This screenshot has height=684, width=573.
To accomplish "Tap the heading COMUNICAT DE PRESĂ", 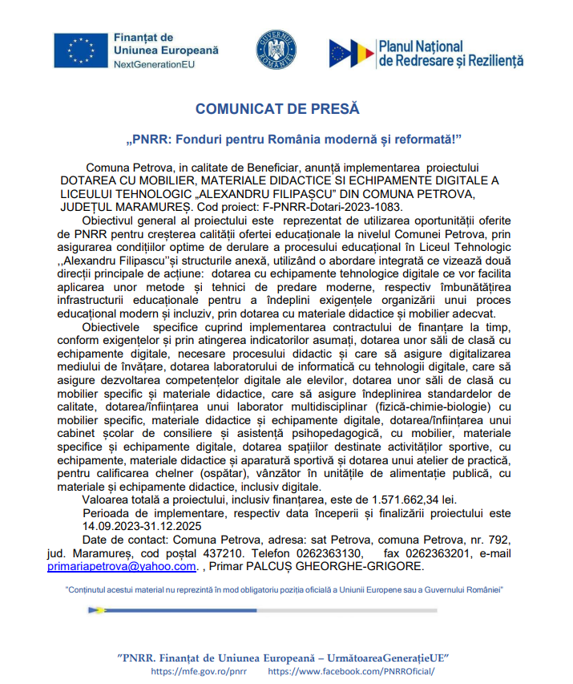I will click(277, 108).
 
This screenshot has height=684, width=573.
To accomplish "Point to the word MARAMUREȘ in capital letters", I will click(151, 206).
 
